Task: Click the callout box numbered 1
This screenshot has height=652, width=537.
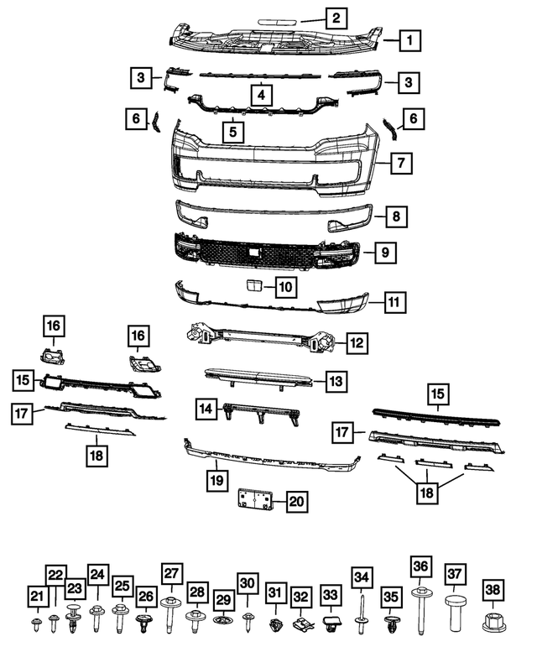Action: pyautogui.click(x=409, y=39)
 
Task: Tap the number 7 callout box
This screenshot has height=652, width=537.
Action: pyautogui.click(x=402, y=163)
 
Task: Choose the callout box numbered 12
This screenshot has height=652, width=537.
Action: pyautogui.click(x=357, y=342)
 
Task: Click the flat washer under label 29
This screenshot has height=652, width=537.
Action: pyautogui.click(x=223, y=622)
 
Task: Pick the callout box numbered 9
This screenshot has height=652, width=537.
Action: pyautogui.click(x=385, y=251)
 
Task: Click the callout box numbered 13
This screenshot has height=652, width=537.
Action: pyautogui.click(x=336, y=381)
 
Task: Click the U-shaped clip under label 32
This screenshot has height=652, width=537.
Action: pyautogui.click(x=302, y=623)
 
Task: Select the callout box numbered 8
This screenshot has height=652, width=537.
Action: pyautogui.click(x=396, y=216)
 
